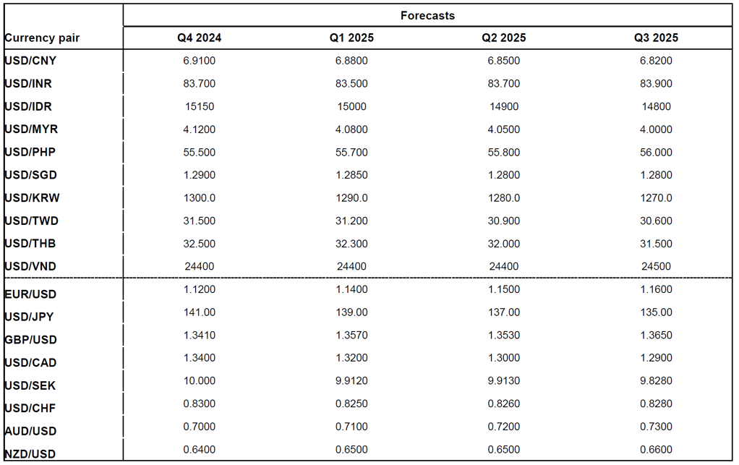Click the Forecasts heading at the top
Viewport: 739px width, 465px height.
click(x=427, y=15)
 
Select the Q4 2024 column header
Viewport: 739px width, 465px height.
click(x=200, y=38)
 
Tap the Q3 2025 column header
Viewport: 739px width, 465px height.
click(x=656, y=38)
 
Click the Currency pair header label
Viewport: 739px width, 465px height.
click(x=42, y=38)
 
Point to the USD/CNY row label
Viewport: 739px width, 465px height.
click(x=30, y=61)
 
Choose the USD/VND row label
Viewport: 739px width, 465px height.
click(x=30, y=267)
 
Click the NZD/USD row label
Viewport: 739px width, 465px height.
click(x=30, y=454)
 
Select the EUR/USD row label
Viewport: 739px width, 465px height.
click(x=30, y=294)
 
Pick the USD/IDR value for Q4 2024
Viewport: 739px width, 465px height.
click(x=200, y=106)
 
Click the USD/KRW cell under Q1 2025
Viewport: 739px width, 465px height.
click(x=351, y=198)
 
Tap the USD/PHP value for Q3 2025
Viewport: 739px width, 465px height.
click(x=656, y=152)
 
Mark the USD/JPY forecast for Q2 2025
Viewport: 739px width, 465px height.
click(x=504, y=312)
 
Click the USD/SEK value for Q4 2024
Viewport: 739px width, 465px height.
click(x=200, y=380)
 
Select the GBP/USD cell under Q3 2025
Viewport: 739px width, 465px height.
click(x=656, y=335)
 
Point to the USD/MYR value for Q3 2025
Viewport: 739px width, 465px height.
click(x=656, y=129)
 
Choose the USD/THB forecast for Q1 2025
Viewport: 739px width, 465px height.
click(x=351, y=244)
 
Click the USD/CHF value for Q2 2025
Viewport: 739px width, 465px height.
click(x=504, y=404)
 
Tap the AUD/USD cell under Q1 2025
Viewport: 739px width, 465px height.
click(x=351, y=427)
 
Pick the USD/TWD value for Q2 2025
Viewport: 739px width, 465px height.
click(x=504, y=221)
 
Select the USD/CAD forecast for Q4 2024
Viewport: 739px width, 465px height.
click(x=200, y=357)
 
